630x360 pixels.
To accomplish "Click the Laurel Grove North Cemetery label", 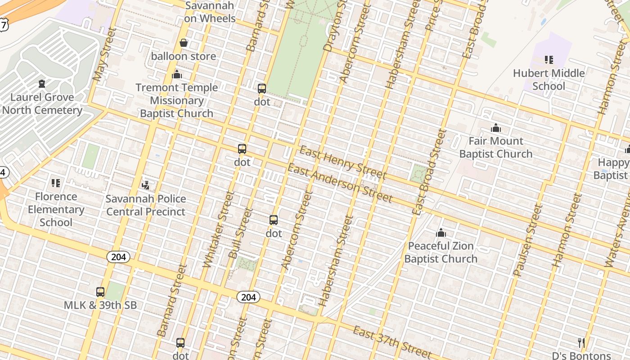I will point(42,103).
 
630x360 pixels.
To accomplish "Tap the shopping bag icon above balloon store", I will point(184,43).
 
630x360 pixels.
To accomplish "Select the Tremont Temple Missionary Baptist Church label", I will point(176,100).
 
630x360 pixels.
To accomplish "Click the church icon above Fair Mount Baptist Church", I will point(496,128).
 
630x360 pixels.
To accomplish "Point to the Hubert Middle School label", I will point(549,79).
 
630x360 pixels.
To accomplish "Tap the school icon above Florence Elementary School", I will point(56,183).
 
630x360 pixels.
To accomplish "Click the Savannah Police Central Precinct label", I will point(146,205).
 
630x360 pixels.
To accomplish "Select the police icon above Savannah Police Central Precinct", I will point(145,185).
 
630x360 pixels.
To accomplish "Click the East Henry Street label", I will point(342,162).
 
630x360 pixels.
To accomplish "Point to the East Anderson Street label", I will point(340,183).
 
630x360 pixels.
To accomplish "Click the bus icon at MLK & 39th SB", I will point(100,292).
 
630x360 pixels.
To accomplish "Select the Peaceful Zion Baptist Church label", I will point(441,252).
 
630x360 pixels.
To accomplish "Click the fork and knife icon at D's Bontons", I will point(581,343).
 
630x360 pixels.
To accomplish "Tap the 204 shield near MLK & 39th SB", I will point(118,257).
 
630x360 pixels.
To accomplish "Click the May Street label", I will point(104,54).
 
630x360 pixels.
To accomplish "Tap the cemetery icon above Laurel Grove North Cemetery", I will point(42,84).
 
